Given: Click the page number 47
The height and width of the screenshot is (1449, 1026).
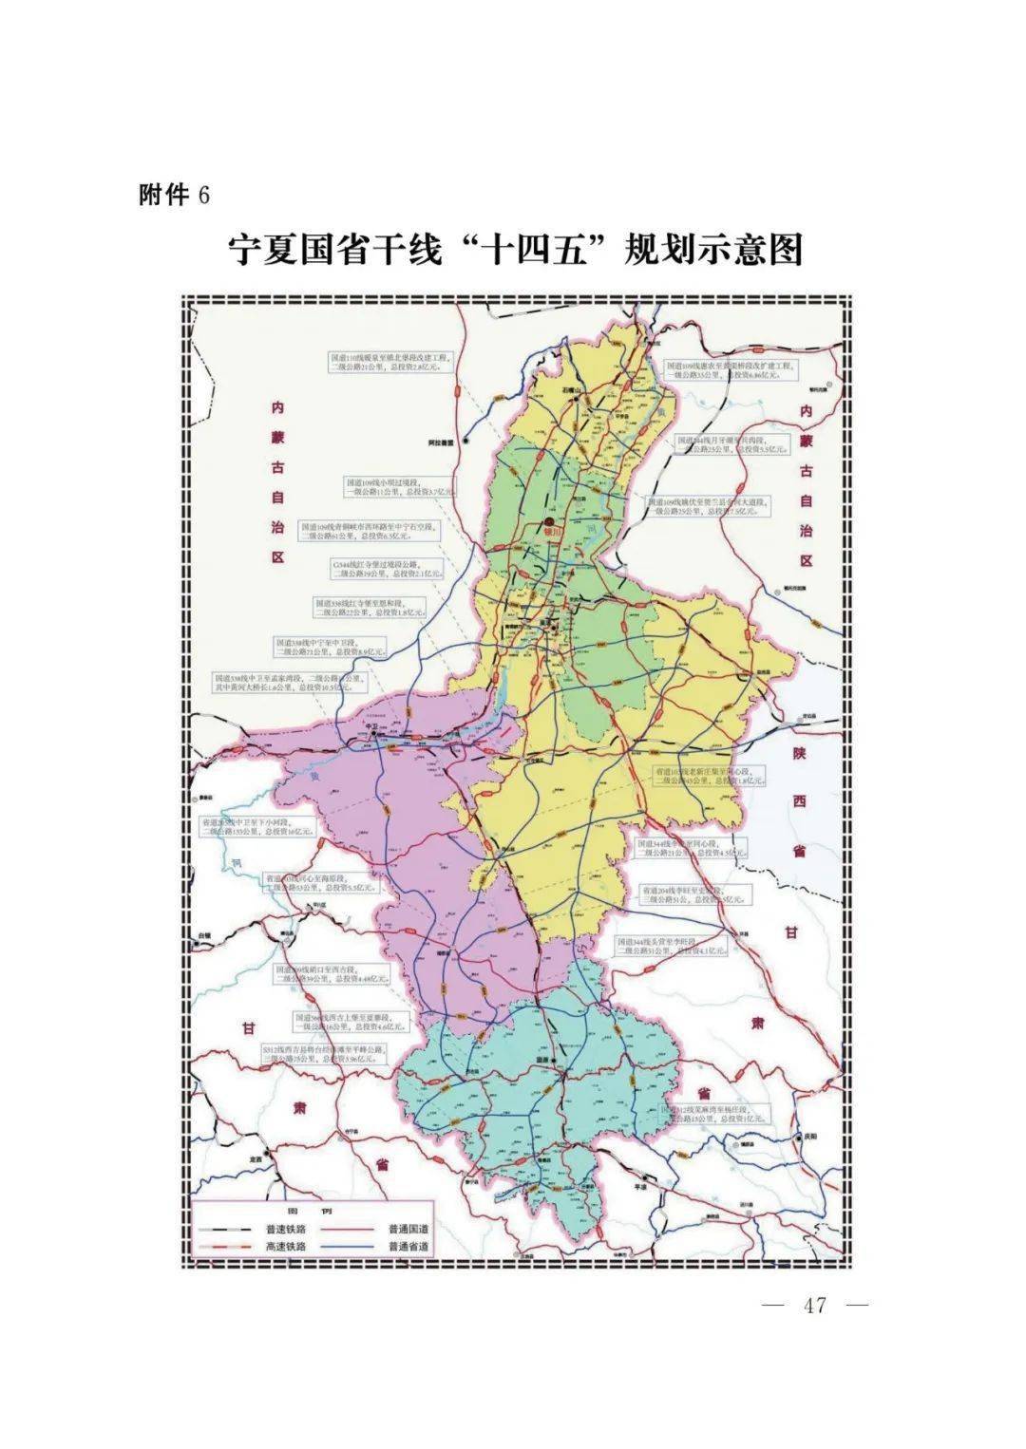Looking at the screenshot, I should [x=815, y=1306].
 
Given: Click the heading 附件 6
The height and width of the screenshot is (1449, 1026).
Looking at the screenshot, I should [x=174, y=195].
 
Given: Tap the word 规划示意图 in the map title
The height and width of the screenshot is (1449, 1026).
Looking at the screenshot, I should [x=712, y=250].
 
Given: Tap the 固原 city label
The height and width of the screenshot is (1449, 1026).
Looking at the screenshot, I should [x=542, y=1062].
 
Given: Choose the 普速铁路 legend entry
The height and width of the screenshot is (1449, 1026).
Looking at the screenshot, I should [x=285, y=1228].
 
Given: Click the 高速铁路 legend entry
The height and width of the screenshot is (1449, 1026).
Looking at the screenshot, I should [x=285, y=1247].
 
